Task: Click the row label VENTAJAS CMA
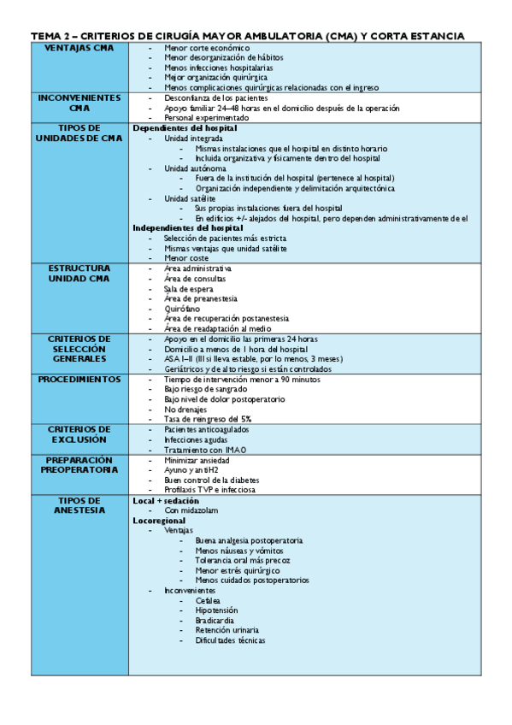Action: (79, 47)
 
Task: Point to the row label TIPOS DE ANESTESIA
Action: (79, 504)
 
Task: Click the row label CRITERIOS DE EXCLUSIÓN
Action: (79, 433)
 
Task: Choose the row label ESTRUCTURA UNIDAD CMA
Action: (79, 274)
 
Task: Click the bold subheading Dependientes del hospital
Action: (185, 128)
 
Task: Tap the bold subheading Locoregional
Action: (159, 520)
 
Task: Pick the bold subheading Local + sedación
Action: (166, 499)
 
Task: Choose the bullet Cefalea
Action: (208, 600)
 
